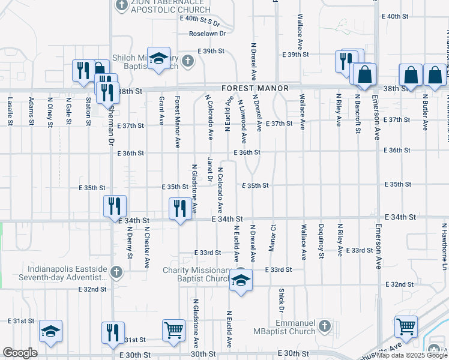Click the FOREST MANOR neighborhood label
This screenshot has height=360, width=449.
point(255,88)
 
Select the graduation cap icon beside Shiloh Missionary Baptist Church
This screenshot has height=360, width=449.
point(158,58)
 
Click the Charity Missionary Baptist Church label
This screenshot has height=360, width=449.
point(197,274)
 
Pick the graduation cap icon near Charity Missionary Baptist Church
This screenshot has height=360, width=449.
point(241,280)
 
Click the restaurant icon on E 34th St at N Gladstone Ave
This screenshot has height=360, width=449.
point(180,208)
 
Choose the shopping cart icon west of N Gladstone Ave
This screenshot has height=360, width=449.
point(173,329)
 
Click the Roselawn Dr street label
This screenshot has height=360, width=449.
point(207,34)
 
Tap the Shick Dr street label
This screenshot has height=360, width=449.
point(281,300)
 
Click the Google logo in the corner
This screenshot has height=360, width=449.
point(20,353)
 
